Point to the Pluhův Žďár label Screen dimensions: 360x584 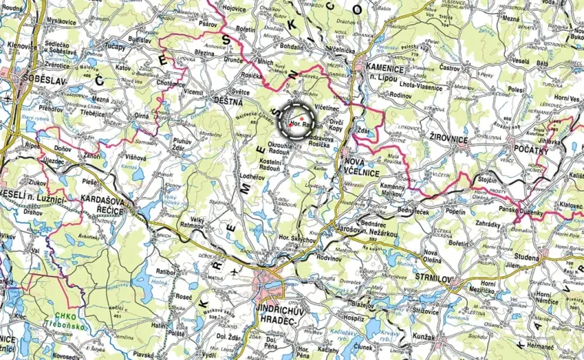182,145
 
